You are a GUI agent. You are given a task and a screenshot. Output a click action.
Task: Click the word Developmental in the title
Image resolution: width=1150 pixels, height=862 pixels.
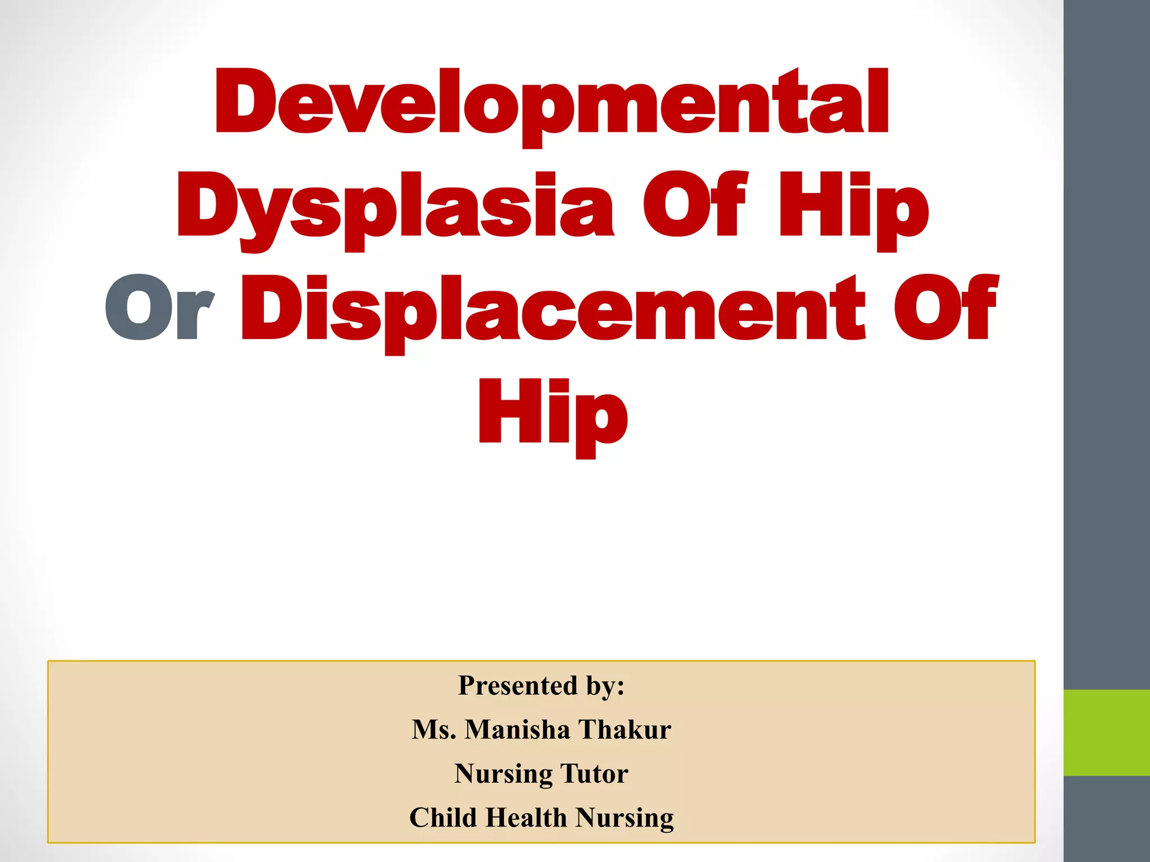[x=551, y=104]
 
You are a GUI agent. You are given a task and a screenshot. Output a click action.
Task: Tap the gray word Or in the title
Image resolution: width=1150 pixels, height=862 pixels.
[x=159, y=310]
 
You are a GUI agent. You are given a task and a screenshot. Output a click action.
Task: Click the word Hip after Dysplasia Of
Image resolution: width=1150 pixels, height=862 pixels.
[x=853, y=208]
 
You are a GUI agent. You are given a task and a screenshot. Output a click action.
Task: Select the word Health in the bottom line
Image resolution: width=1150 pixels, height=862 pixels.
[x=527, y=817]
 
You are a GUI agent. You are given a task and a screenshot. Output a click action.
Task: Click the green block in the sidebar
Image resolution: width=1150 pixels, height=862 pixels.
[x=1106, y=732]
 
